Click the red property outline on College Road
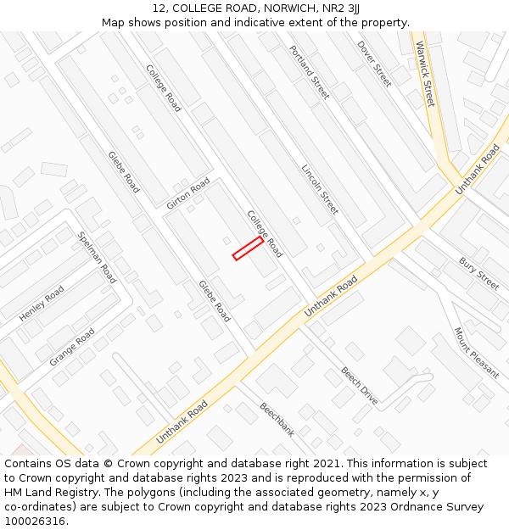(248, 248)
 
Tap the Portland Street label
(309, 72)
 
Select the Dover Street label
(374, 64)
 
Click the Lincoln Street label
(320, 188)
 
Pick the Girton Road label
(187, 194)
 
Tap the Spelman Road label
(97, 257)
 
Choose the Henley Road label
(42, 304)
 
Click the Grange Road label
(72, 347)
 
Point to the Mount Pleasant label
(476, 353)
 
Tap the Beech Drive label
(360, 385)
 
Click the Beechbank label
(277, 419)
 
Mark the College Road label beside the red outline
(265, 234)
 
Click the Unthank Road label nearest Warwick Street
(478, 170)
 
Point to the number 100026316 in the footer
(33, 522)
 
